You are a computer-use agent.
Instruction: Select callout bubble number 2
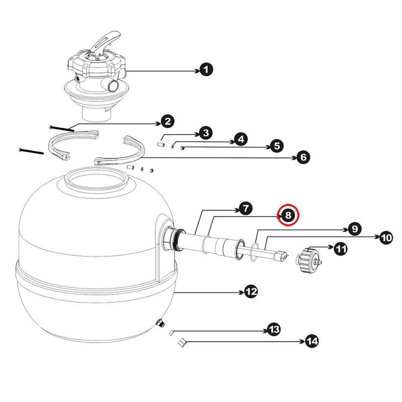coord(167,121)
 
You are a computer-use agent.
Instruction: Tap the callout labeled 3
coord(205,133)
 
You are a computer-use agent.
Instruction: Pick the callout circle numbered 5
coord(276,146)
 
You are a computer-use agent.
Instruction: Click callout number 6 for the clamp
coord(302,157)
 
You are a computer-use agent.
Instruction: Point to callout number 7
coord(245,209)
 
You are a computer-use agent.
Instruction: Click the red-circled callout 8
coord(288,215)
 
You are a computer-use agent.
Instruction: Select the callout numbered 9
coord(354,229)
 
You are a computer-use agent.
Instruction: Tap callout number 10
coord(385,238)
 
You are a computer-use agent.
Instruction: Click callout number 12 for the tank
coord(251,291)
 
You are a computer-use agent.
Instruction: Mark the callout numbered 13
coord(273,330)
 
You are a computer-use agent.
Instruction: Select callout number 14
coord(312,342)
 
